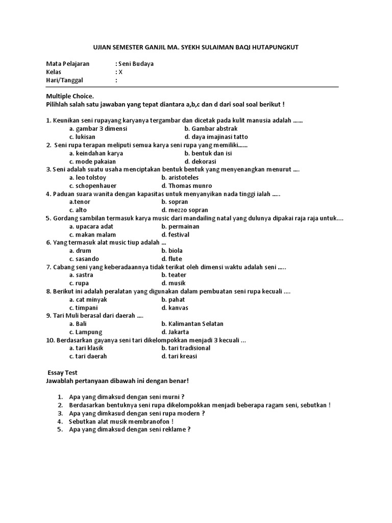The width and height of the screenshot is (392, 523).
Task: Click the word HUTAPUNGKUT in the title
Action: pos(276,47)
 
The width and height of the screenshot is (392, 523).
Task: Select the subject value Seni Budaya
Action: pos(136,64)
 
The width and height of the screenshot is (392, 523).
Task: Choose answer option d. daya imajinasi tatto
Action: pos(216,137)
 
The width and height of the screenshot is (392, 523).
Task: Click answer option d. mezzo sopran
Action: pos(185,210)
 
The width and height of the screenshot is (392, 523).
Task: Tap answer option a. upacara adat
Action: pos(91,226)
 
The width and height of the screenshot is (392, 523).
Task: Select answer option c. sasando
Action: pos(84,259)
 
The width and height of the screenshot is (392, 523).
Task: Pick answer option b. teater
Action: pos(174,275)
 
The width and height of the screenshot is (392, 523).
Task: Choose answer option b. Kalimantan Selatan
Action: pos(192,324)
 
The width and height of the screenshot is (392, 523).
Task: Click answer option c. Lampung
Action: pos(86,332)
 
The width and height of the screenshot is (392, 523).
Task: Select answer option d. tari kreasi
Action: pos(179,356)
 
